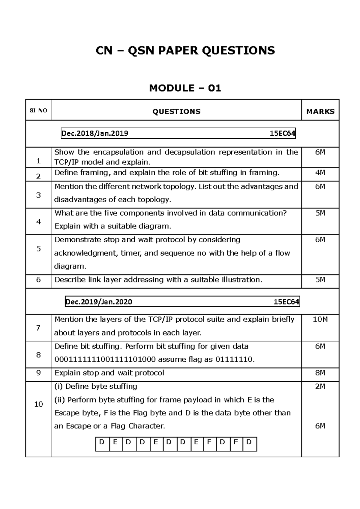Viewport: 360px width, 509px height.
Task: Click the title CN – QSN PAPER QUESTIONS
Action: [x=185, y=50]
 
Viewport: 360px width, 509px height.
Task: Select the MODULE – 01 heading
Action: [x=185, y=88]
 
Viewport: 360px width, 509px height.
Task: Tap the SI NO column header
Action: [x=38, y=110]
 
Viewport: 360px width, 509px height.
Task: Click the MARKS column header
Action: [x=320, y=112]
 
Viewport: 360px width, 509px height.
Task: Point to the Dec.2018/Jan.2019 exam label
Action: [x=95, y=134]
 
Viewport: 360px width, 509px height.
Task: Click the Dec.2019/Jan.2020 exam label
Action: [x=99, y=302]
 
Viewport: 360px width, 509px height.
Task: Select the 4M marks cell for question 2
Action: [x=320, y=173]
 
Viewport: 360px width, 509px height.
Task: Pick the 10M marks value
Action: [x=320, y=320]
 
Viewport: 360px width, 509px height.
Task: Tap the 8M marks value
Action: [x=320, y=373]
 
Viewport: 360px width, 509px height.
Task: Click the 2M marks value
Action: [x=320, y=387]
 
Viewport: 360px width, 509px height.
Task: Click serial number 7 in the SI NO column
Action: [x=38, y=328]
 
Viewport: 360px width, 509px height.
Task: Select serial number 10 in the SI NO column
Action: [x=38, y=404]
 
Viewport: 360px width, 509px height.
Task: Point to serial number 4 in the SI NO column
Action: [x=38, y=222]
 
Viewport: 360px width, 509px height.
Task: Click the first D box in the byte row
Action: [x=102, y=442]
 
